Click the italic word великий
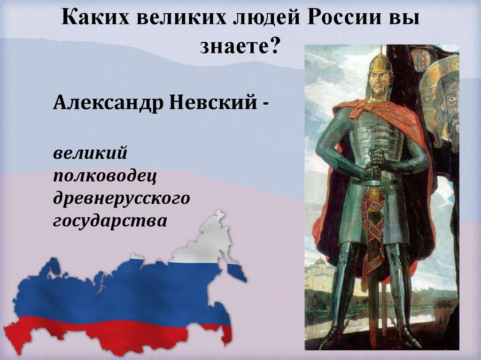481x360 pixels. [x=91, y=153]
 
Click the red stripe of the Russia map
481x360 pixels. [x=117, y=331]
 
